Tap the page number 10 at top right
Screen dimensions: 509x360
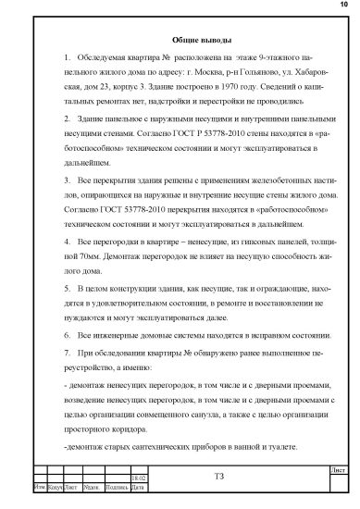click(343, 6)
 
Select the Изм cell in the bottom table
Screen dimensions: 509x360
click(39, 486)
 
